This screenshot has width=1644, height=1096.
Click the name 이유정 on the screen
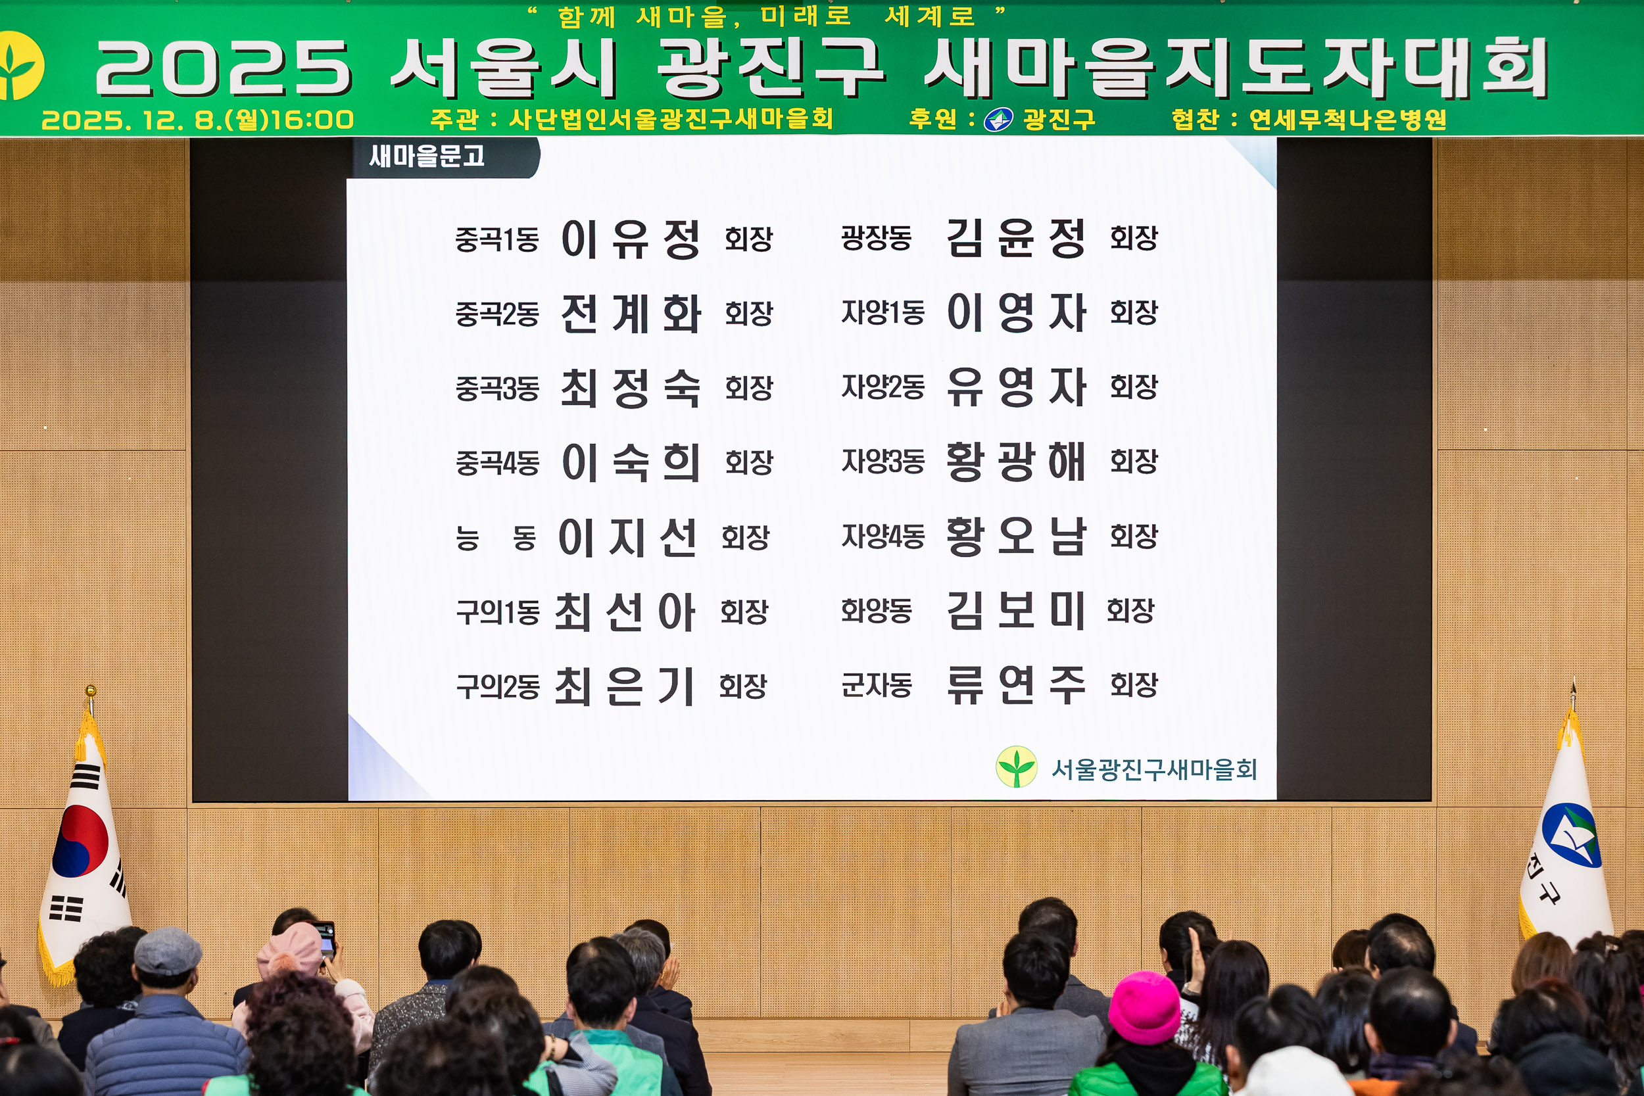coord(630,240)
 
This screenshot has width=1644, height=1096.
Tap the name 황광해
coord(1015,462)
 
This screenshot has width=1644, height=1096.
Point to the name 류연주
coord(1015,685)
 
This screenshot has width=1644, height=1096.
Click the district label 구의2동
coord(498,687)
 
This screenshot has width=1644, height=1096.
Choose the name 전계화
coord(630,314)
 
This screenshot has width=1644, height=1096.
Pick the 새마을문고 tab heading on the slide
coord(426,156)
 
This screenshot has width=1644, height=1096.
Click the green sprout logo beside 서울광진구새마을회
coord(1016,767)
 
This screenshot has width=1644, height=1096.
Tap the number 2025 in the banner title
coord(222,68)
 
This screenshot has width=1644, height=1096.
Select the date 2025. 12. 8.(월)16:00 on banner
coord(198,120)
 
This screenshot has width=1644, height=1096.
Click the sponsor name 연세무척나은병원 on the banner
coord(1347,120)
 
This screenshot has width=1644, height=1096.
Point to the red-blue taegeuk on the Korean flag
coord(80,841)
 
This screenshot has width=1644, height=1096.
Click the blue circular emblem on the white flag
coord(1570,835)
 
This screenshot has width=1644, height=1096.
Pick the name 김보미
coord(1015,611)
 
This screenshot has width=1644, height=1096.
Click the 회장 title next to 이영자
coord(1134,312)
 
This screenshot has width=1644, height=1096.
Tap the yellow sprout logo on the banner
coord(18,66)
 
